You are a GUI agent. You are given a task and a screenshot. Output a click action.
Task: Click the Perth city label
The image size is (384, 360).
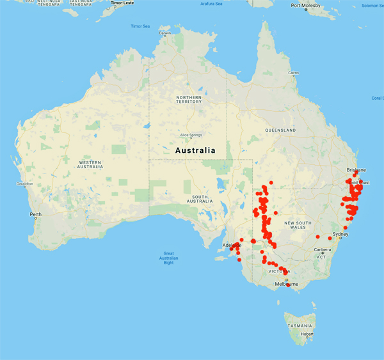35,214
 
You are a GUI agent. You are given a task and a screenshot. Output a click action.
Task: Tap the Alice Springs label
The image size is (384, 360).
191,136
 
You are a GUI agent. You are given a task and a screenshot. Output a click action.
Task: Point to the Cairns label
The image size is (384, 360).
294,73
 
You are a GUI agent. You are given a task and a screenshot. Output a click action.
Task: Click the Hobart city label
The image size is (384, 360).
308,334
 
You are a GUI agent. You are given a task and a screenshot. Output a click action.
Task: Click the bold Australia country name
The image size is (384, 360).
195,150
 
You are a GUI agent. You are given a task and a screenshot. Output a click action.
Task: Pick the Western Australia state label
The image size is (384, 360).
90,164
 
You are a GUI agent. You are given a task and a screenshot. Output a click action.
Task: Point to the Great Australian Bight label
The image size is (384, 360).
169,257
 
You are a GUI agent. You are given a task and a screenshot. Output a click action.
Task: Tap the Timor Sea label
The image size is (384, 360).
140,26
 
